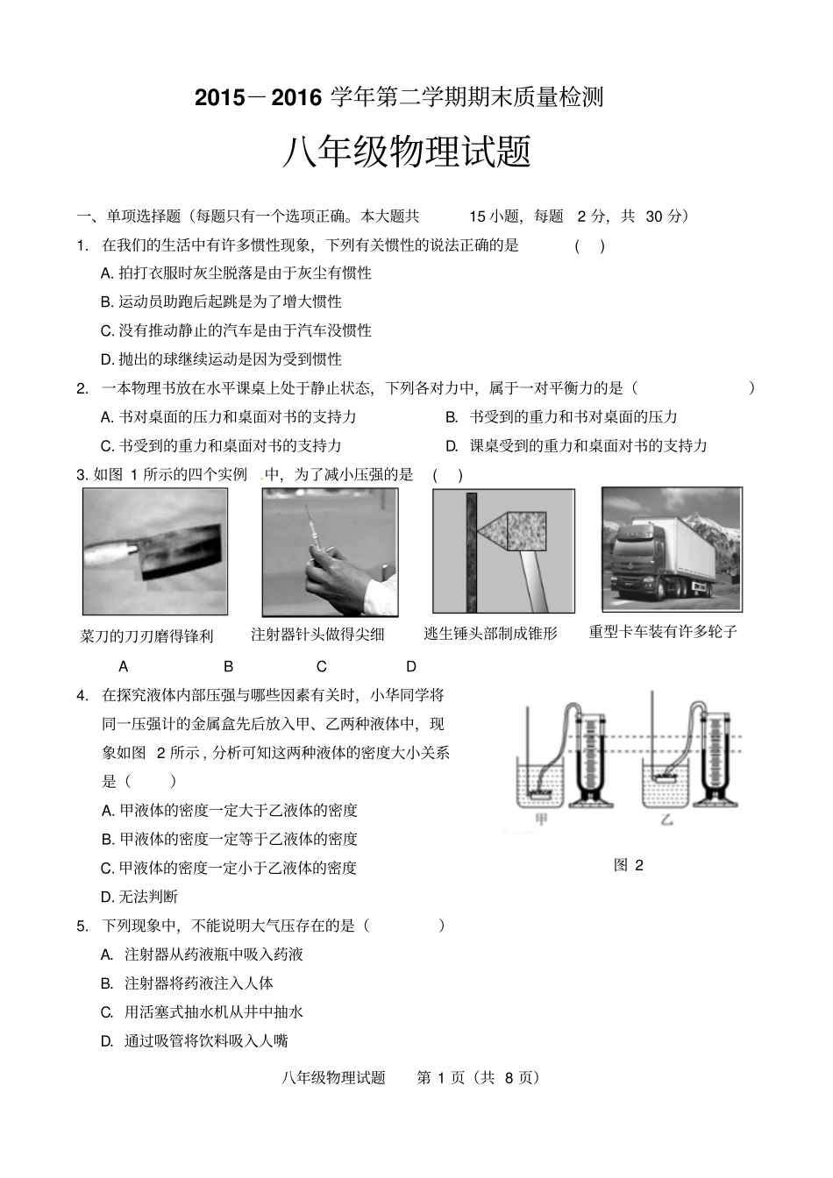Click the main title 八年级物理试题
(x=407, y=153)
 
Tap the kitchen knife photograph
(x=155, y=551)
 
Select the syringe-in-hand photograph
(x=330, y=551)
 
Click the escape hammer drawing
(x=503, y=550)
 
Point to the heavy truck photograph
(x=671, y=549)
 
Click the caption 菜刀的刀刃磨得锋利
(x=146, y=636)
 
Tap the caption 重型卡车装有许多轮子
(x=663, y=631)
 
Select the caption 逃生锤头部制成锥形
(x=490, y=633)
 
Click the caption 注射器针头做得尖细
(x=317, y=634)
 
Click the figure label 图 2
(x=629, y=865)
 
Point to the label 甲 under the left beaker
(x=541, y=820)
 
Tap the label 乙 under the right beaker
(x=667, y=820)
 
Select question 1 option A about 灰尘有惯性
(x=236, y=273)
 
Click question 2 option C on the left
(x=221, y=445)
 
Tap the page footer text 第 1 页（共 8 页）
(x=481, y=1077)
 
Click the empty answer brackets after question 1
(x=589, y=245)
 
